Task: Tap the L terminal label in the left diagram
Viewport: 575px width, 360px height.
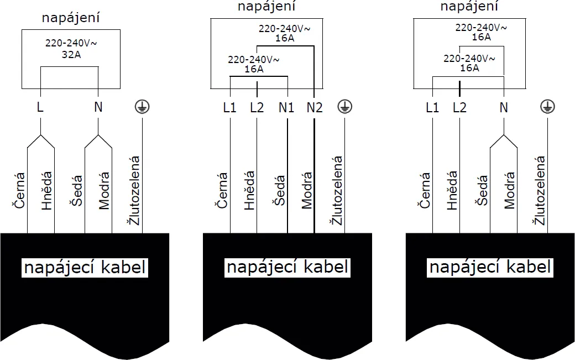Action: coord(40,107)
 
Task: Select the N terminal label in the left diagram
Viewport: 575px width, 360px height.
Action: coord(98,107)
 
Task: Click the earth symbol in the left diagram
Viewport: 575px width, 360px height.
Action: coord(142,107)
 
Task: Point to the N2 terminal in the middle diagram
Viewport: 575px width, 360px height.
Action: coord(314,107)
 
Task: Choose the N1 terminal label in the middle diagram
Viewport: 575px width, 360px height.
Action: coord(286,107)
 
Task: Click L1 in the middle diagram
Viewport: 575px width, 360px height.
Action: coord(229,107)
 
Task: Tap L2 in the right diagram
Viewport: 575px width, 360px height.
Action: coord(459,107)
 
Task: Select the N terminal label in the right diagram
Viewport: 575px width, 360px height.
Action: coord(503,107)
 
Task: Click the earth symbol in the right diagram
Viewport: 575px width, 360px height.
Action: coord(547,107)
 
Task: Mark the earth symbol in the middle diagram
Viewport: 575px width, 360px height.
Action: coord(344,107)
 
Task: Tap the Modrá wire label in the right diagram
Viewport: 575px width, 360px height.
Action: coord(509,190)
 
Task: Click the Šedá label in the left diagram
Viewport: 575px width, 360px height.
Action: coord(76,191)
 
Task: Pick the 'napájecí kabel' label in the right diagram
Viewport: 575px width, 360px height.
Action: coord(490,268)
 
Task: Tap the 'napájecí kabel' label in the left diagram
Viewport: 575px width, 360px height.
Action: coord(85,268)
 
